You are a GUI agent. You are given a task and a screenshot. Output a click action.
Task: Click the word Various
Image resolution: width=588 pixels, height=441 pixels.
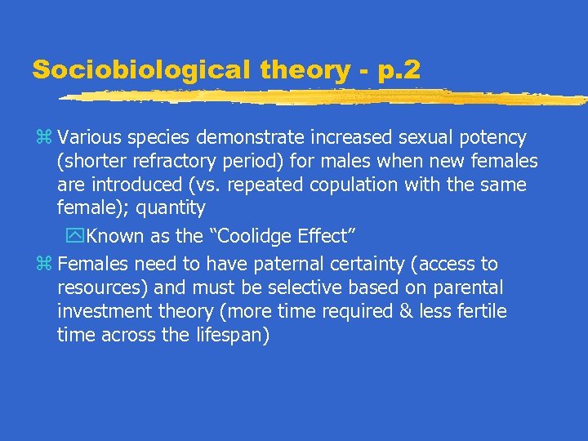point(89,137)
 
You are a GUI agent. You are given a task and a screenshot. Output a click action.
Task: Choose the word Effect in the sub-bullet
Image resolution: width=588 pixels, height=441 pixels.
point(327,237)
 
